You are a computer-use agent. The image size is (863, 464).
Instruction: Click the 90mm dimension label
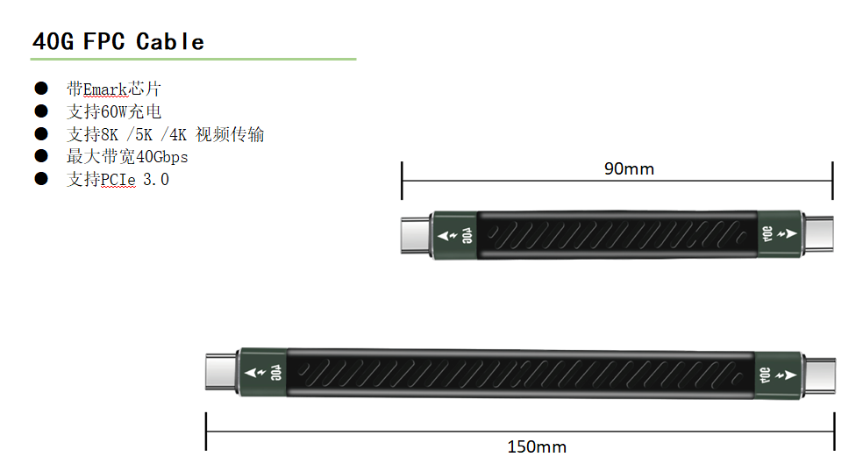(629, 168)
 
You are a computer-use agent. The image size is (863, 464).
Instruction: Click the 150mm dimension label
(537, 446)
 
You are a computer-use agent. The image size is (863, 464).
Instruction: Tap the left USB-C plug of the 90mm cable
(416, 235)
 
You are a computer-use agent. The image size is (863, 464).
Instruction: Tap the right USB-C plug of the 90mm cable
(818, 234)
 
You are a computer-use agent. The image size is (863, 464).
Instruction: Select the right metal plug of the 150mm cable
(819, 375)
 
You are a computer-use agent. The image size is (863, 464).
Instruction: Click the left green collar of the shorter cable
(454, 236)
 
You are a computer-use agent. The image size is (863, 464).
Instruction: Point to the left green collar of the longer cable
(263, 373)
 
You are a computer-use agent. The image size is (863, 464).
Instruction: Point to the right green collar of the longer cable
(779, 375)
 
